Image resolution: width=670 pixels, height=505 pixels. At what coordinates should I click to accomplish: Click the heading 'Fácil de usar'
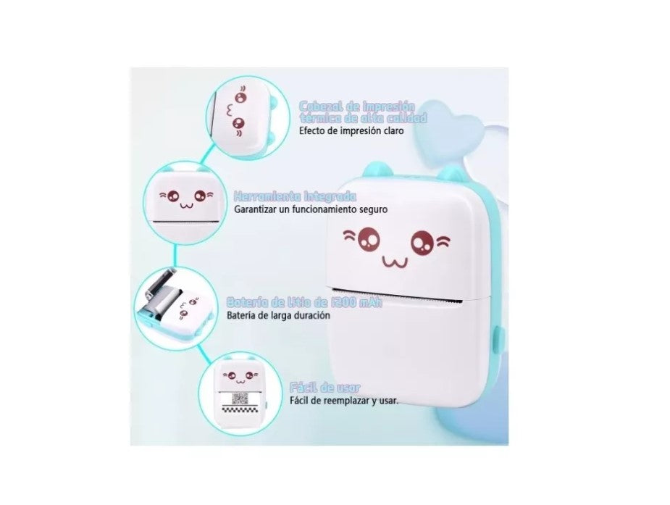coord(324,388)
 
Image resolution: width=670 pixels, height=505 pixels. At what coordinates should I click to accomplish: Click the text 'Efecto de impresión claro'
coord(351,132)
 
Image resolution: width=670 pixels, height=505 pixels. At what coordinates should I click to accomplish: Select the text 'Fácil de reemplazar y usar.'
coord(343,401)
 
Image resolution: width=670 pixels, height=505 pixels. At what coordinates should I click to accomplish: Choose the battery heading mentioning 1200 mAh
coord(305,302)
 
